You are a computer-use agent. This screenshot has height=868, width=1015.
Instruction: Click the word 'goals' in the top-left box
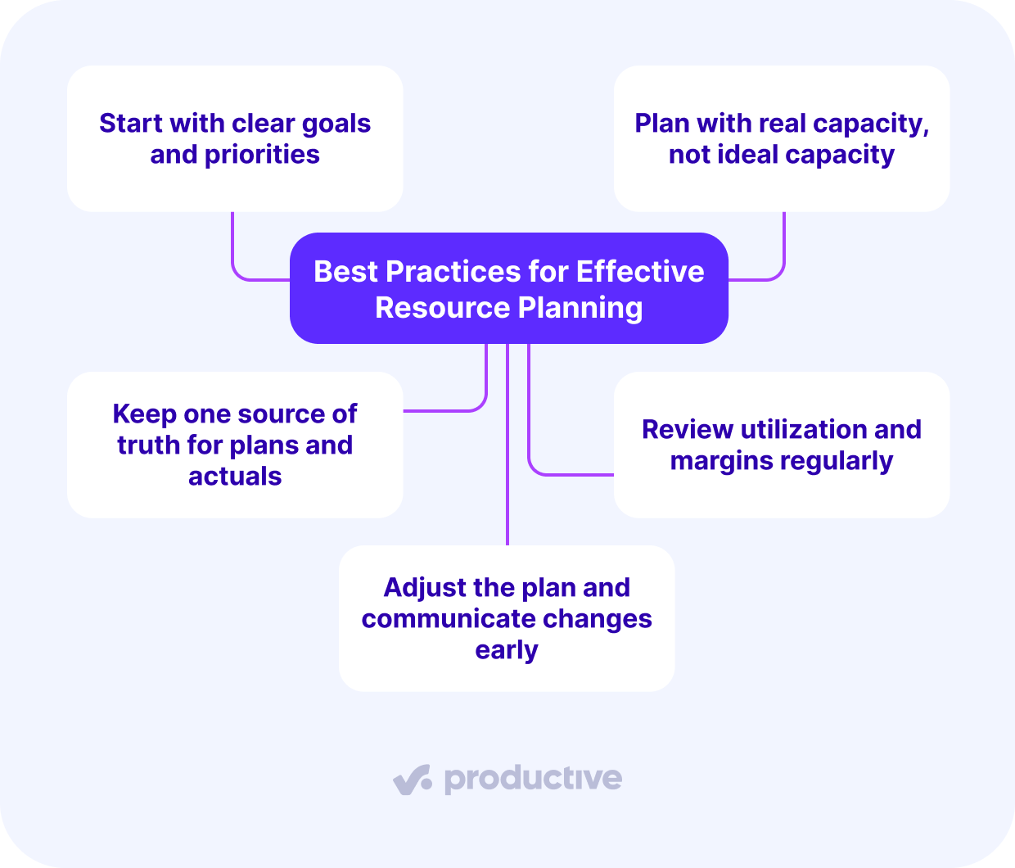(x=336, y=124)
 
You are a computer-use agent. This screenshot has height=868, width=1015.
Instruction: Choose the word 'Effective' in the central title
(x=639, y=272)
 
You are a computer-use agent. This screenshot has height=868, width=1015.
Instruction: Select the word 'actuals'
(x=235, y=477)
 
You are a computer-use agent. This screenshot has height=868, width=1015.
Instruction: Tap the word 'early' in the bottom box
(x=507, y=651)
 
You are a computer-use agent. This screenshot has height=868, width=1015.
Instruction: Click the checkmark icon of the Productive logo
(x=412, y=779)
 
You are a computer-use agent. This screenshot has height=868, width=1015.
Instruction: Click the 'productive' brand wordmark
(x=533, y=779)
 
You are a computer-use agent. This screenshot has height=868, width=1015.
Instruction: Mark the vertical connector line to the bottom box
(x=508, y=459)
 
